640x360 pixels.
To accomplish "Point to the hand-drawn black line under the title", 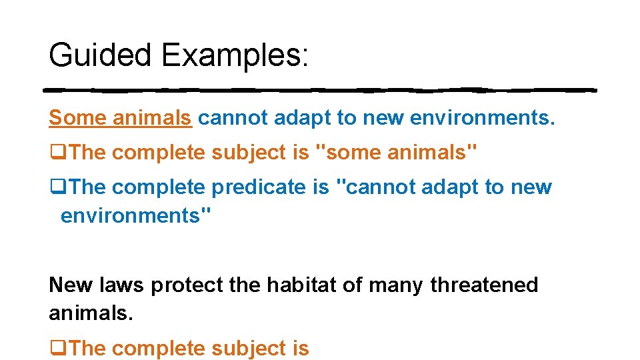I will pyautogui.click(x=320, y=90).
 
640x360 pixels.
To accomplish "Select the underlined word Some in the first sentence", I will pyautogui.click(x=77, y=117).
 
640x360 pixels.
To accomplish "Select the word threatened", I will pyautogui.click(x=484, y=285).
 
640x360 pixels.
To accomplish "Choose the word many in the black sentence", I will pyautogui.click(x=396, y=285).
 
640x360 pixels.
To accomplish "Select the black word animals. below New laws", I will pyautogui.click(x=91, y=312).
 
